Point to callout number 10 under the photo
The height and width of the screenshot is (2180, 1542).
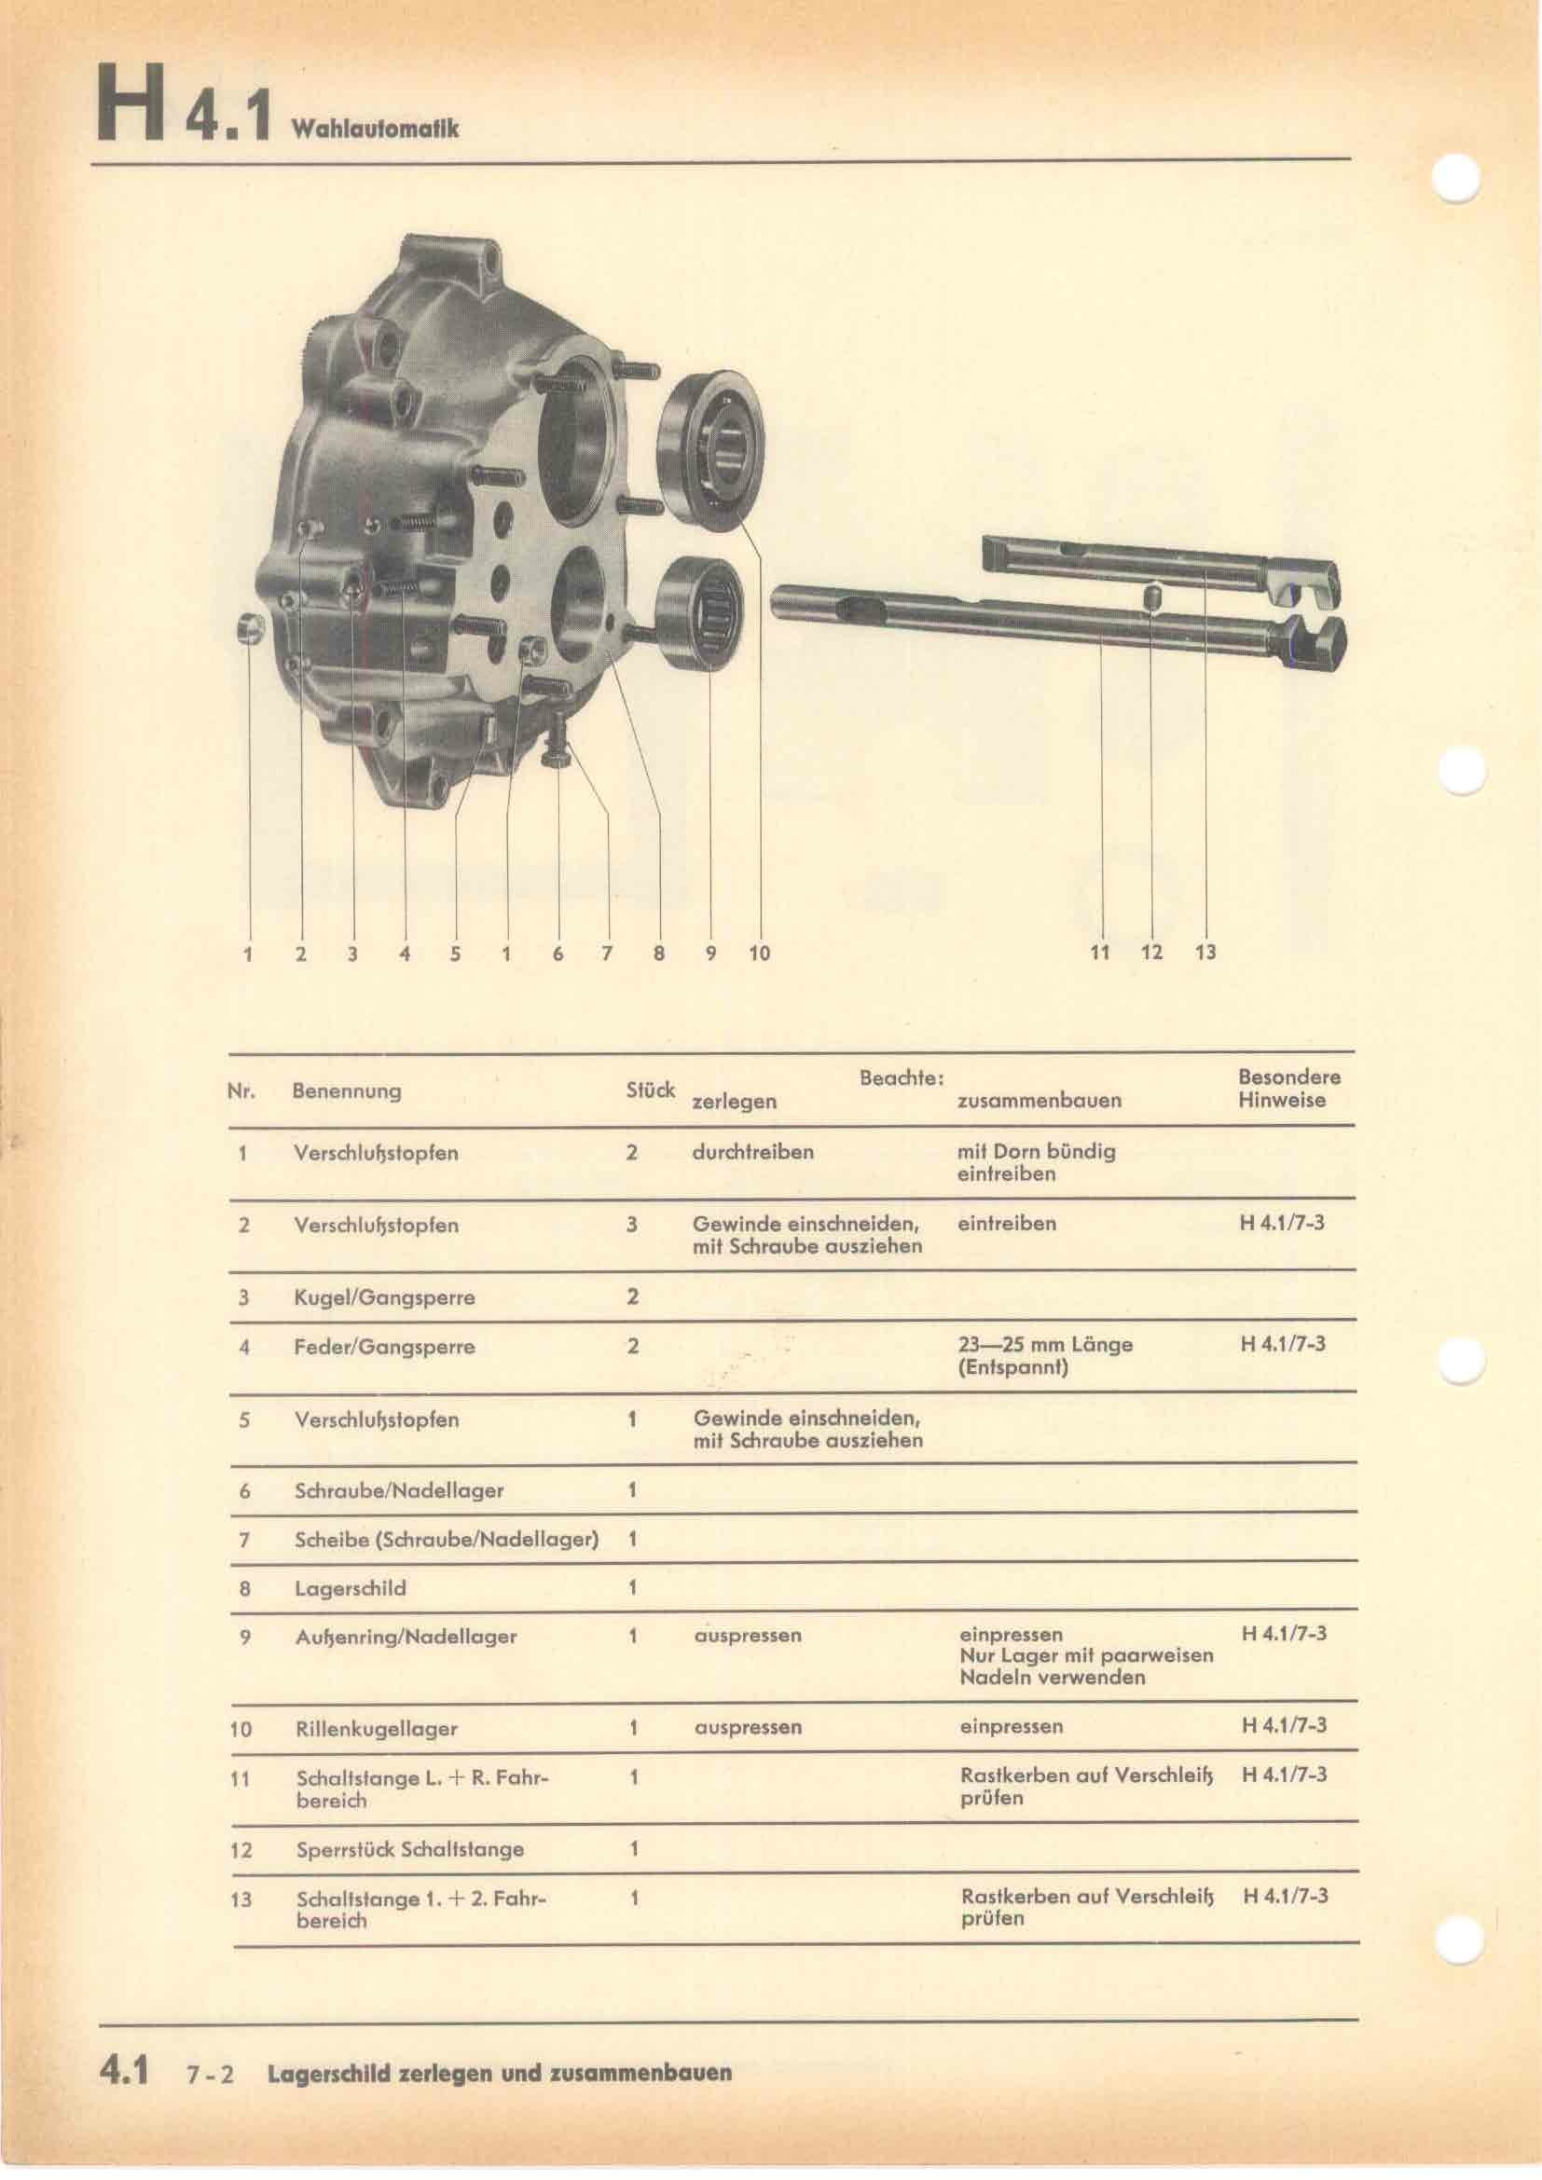(760, 953)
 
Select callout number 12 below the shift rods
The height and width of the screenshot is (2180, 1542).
(1151, 952)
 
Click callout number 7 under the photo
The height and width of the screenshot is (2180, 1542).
(608, 953)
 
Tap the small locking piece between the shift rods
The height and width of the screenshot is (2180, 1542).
(1151, 600)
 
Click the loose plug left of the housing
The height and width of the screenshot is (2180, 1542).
(250, 627)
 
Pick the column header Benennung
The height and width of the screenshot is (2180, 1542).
(347, 1090)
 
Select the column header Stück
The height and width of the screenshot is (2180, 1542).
(651, 1090)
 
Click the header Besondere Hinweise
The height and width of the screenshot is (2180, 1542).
(1288, 1088)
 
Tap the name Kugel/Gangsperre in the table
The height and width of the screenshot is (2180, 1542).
(384, 1297)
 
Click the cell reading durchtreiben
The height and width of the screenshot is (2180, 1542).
(753, 1152)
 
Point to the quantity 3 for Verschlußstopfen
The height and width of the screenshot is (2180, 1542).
(631, 1225)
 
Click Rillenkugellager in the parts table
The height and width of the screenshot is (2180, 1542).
(376, 1729)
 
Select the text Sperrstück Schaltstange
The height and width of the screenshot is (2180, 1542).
(410, 1849)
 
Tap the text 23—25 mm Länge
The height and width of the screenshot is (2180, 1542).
(1045, 1345)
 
